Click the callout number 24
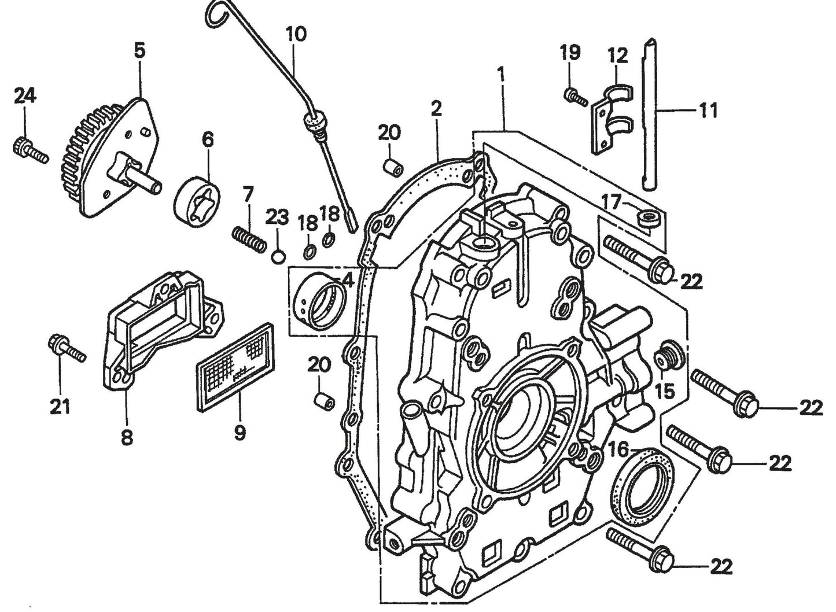point(25,95)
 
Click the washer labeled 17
point(649,219)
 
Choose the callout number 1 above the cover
point(501,75)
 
